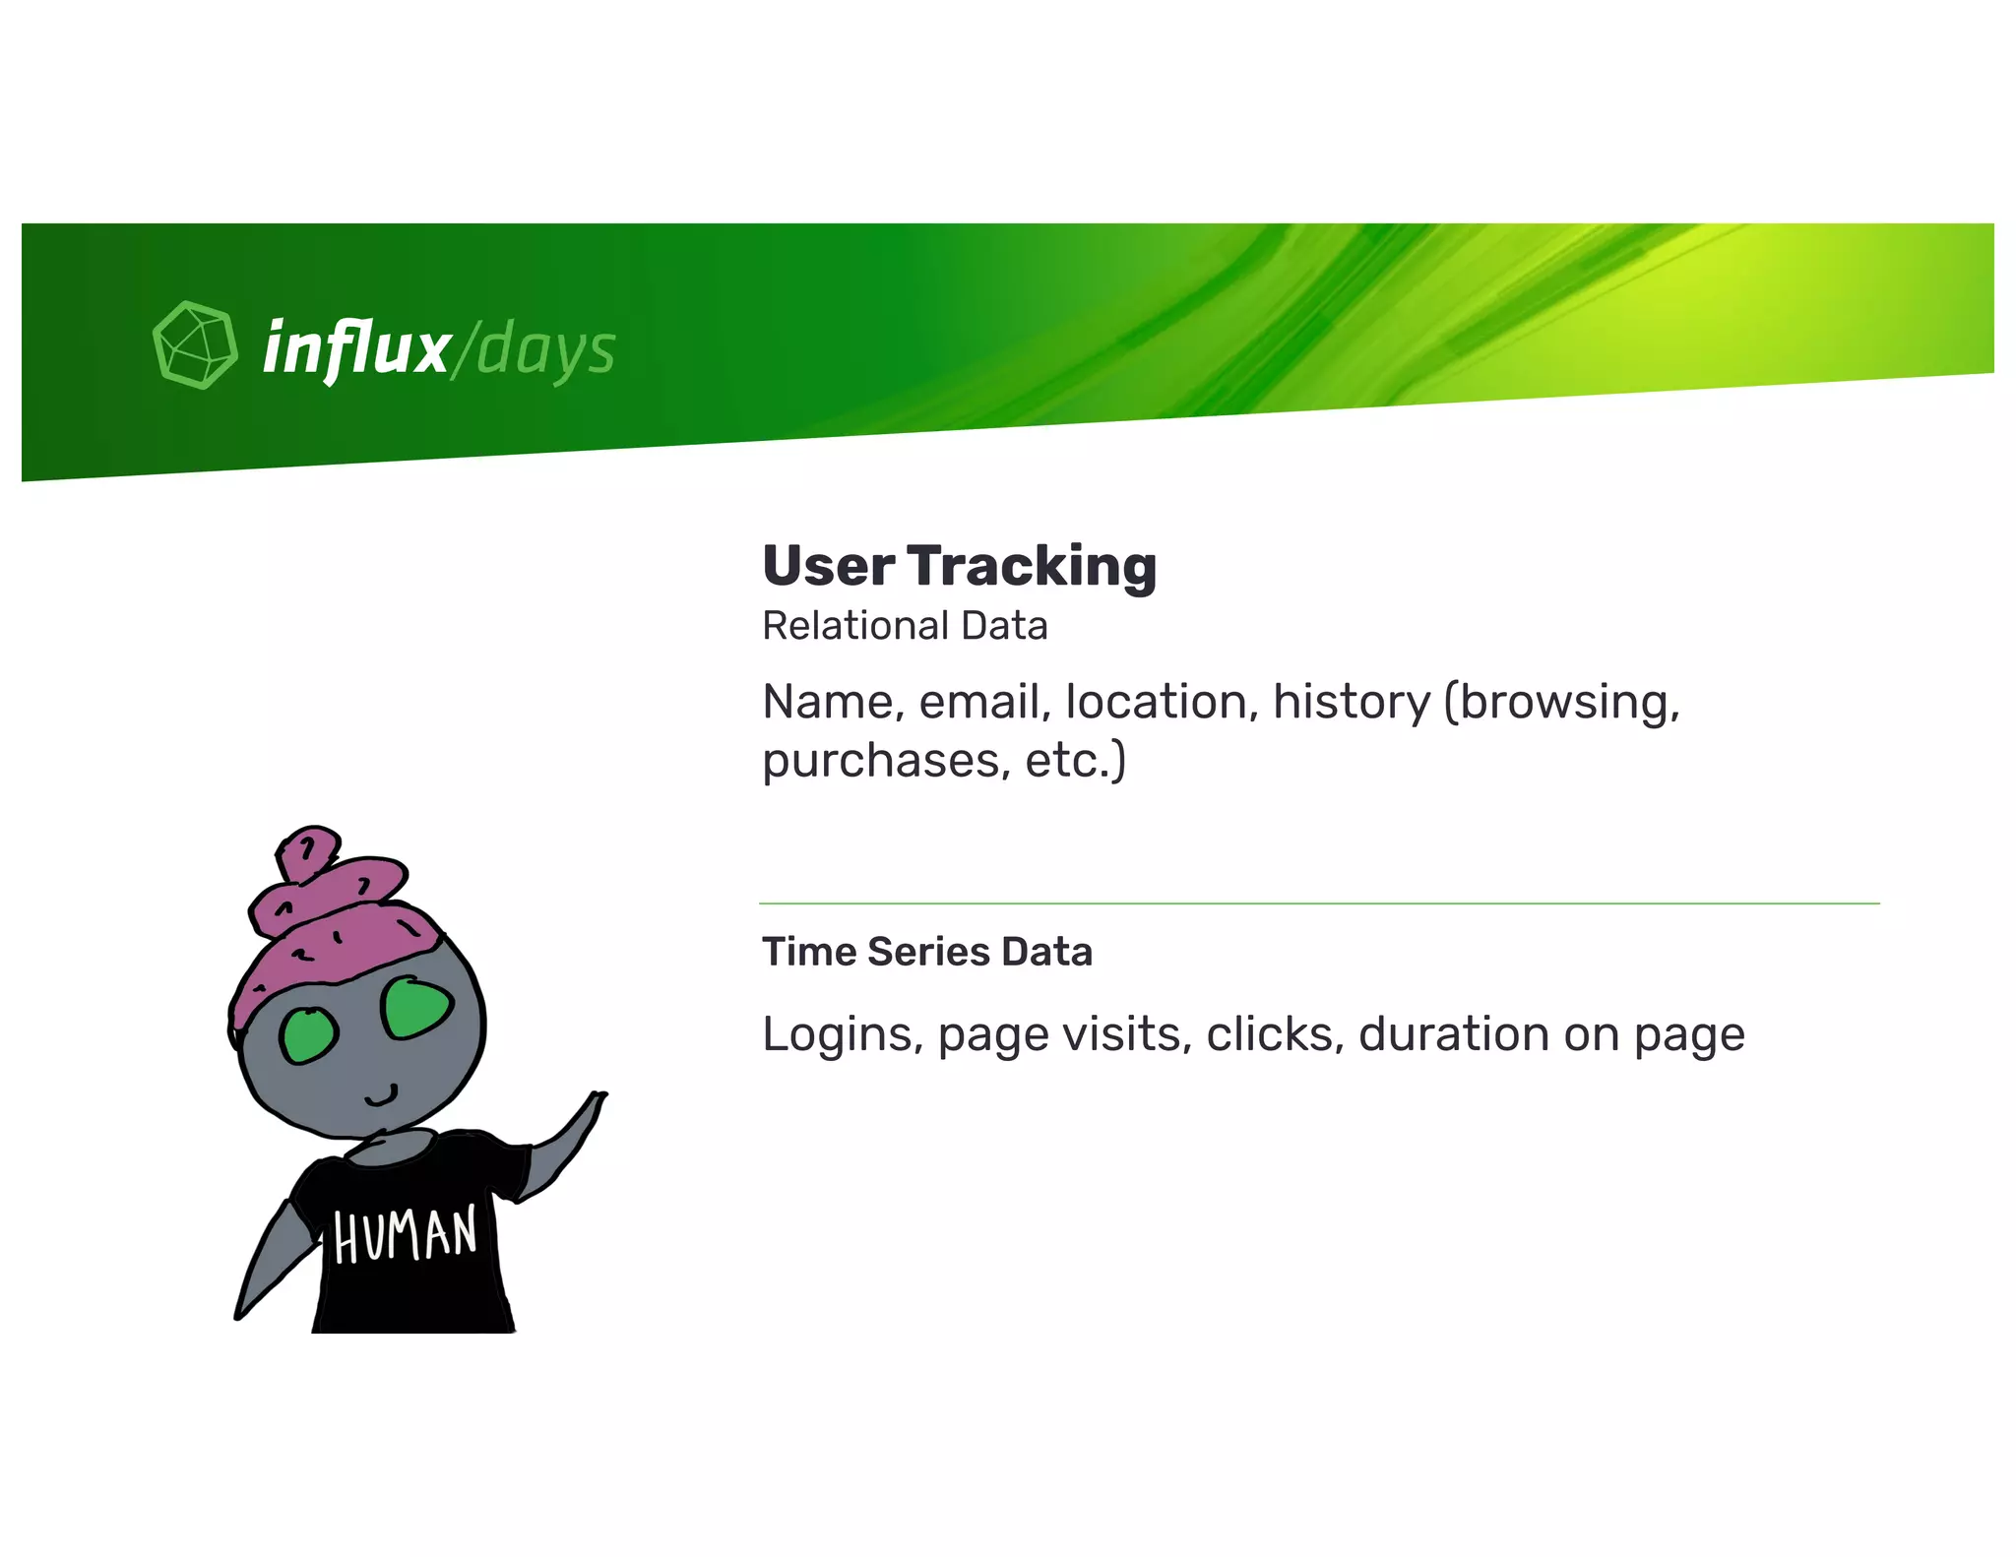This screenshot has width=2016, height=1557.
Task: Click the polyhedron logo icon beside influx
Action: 195,345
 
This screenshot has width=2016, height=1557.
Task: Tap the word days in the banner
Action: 546,350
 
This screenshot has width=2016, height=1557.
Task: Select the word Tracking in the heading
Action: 1031,568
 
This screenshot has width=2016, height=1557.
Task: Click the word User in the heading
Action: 828,567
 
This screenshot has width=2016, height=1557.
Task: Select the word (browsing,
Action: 1562,703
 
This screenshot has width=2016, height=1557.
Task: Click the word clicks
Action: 1275,1034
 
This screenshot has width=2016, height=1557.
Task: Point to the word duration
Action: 1453,1034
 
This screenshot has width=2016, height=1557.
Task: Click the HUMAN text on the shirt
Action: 405,1235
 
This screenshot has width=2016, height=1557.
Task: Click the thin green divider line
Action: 1319,903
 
